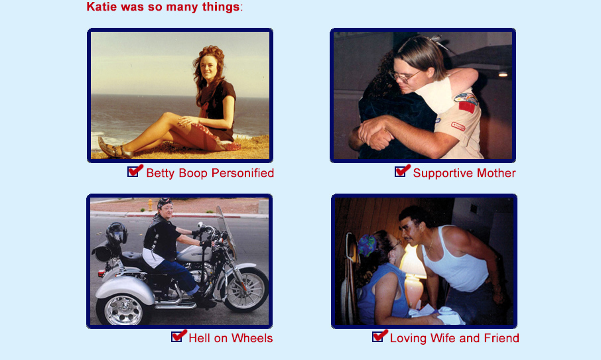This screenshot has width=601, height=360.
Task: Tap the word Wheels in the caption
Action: point(252,338)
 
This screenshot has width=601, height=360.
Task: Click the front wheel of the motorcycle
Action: point(245,289)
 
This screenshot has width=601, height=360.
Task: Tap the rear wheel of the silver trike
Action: point(122,309)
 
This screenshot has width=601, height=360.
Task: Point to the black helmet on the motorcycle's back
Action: point(117,233)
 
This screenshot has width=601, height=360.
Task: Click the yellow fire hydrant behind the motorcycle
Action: point(150,205)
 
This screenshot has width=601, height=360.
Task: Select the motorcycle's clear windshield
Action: point(226,226)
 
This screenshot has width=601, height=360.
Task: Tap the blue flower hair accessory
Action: point(367,245)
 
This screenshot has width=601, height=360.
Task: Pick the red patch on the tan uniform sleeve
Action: point(466,106)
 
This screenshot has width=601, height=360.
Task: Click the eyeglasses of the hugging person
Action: point(405,76)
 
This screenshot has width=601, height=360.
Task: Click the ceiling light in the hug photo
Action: point(503,74)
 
